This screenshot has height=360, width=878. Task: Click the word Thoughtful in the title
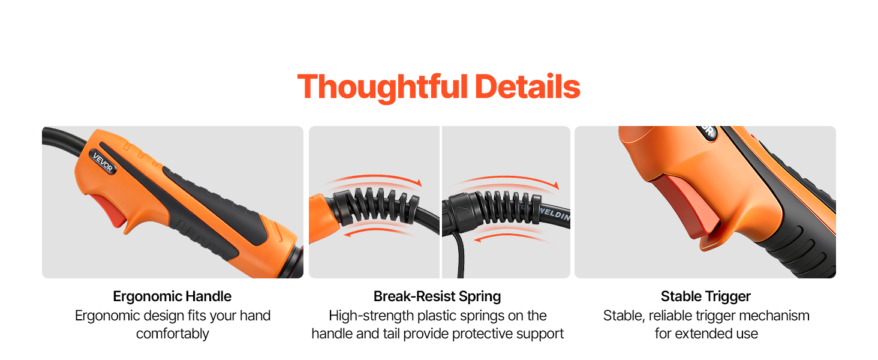coord(383,87)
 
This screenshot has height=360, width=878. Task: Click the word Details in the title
coord(528,86)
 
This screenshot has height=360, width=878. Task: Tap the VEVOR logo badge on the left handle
coord(103,162)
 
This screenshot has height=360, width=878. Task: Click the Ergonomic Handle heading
coord(172,296)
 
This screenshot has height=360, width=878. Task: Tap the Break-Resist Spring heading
coord(437,296)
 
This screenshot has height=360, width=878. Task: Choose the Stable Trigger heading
coord(705,296)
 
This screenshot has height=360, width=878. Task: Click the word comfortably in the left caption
coord(173,334)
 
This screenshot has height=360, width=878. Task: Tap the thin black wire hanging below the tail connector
coord(459,255)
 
